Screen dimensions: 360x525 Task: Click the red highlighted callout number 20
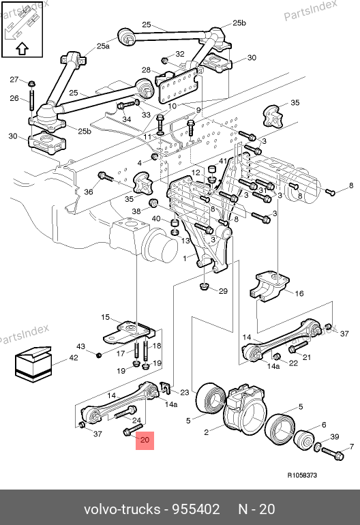pyautogui.click(x=145, y=439)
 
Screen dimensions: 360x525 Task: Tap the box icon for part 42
pyautogui.click(x=33, y=364)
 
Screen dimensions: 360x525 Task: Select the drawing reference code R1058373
pyautogui.click(x=302, y=475)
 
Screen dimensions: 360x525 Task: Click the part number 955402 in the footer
pyautogui.click(x=196, y=509)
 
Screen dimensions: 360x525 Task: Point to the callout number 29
pyautogui.click(x=223, y=291)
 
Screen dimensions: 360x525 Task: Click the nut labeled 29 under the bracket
pyautogui.click(x=204, y=286)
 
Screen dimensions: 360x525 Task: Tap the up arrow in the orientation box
pyautogui.click(x=22, y=48)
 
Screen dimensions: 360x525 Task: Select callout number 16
pyautogui.click(x=299, y=293)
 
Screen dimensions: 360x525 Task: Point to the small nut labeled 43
pyautogui.click(x=99, y=355)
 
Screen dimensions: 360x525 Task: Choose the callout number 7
pyautogui.click(x=352, y=447)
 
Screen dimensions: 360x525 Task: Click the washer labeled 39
pyautogui.click(x=318, y=447)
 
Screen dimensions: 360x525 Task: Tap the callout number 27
pyautogui.click(x=14, y=79)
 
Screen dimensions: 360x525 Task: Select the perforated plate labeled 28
pyautogui.click(x=177, y=87)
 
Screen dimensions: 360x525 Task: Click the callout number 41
pyautogui.click(x=223, y=161)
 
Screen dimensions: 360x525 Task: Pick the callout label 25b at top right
pyautogui.click(x=239, y=22)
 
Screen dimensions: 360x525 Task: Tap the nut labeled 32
pyautogui.click(x=165, y=60)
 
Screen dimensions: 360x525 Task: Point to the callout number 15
pyautogui.click(x=105, y=317)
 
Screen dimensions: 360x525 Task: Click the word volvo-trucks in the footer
pyautogui.click(x=122, y=509)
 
